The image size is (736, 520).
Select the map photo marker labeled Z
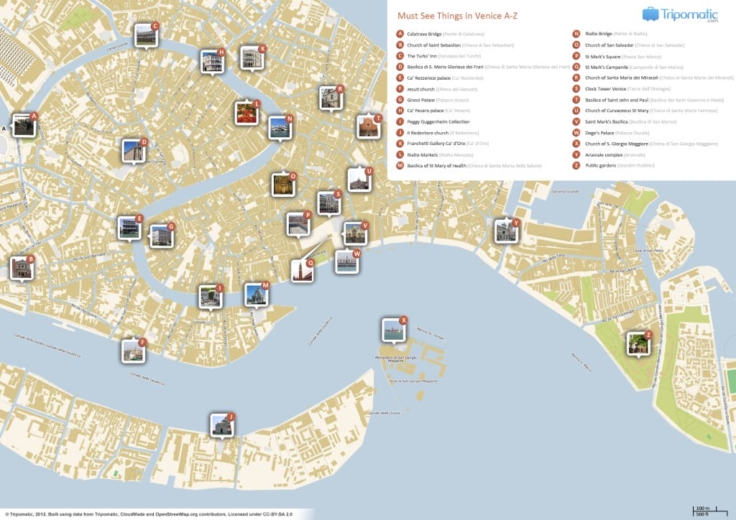(637, 344)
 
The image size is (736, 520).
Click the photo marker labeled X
(392, 330)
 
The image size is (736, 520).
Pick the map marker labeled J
(221, 425)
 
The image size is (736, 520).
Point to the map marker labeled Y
(505, 231)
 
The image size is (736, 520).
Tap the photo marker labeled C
(145, 35)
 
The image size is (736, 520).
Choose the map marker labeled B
(21, 268)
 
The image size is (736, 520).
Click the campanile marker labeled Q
(301, 271)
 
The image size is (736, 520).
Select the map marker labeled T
(367, 126)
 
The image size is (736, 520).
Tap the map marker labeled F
(132, 350)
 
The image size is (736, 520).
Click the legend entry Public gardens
(601, 165)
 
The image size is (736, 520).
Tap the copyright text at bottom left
(155, 514)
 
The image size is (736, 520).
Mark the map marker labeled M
(255, 294)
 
